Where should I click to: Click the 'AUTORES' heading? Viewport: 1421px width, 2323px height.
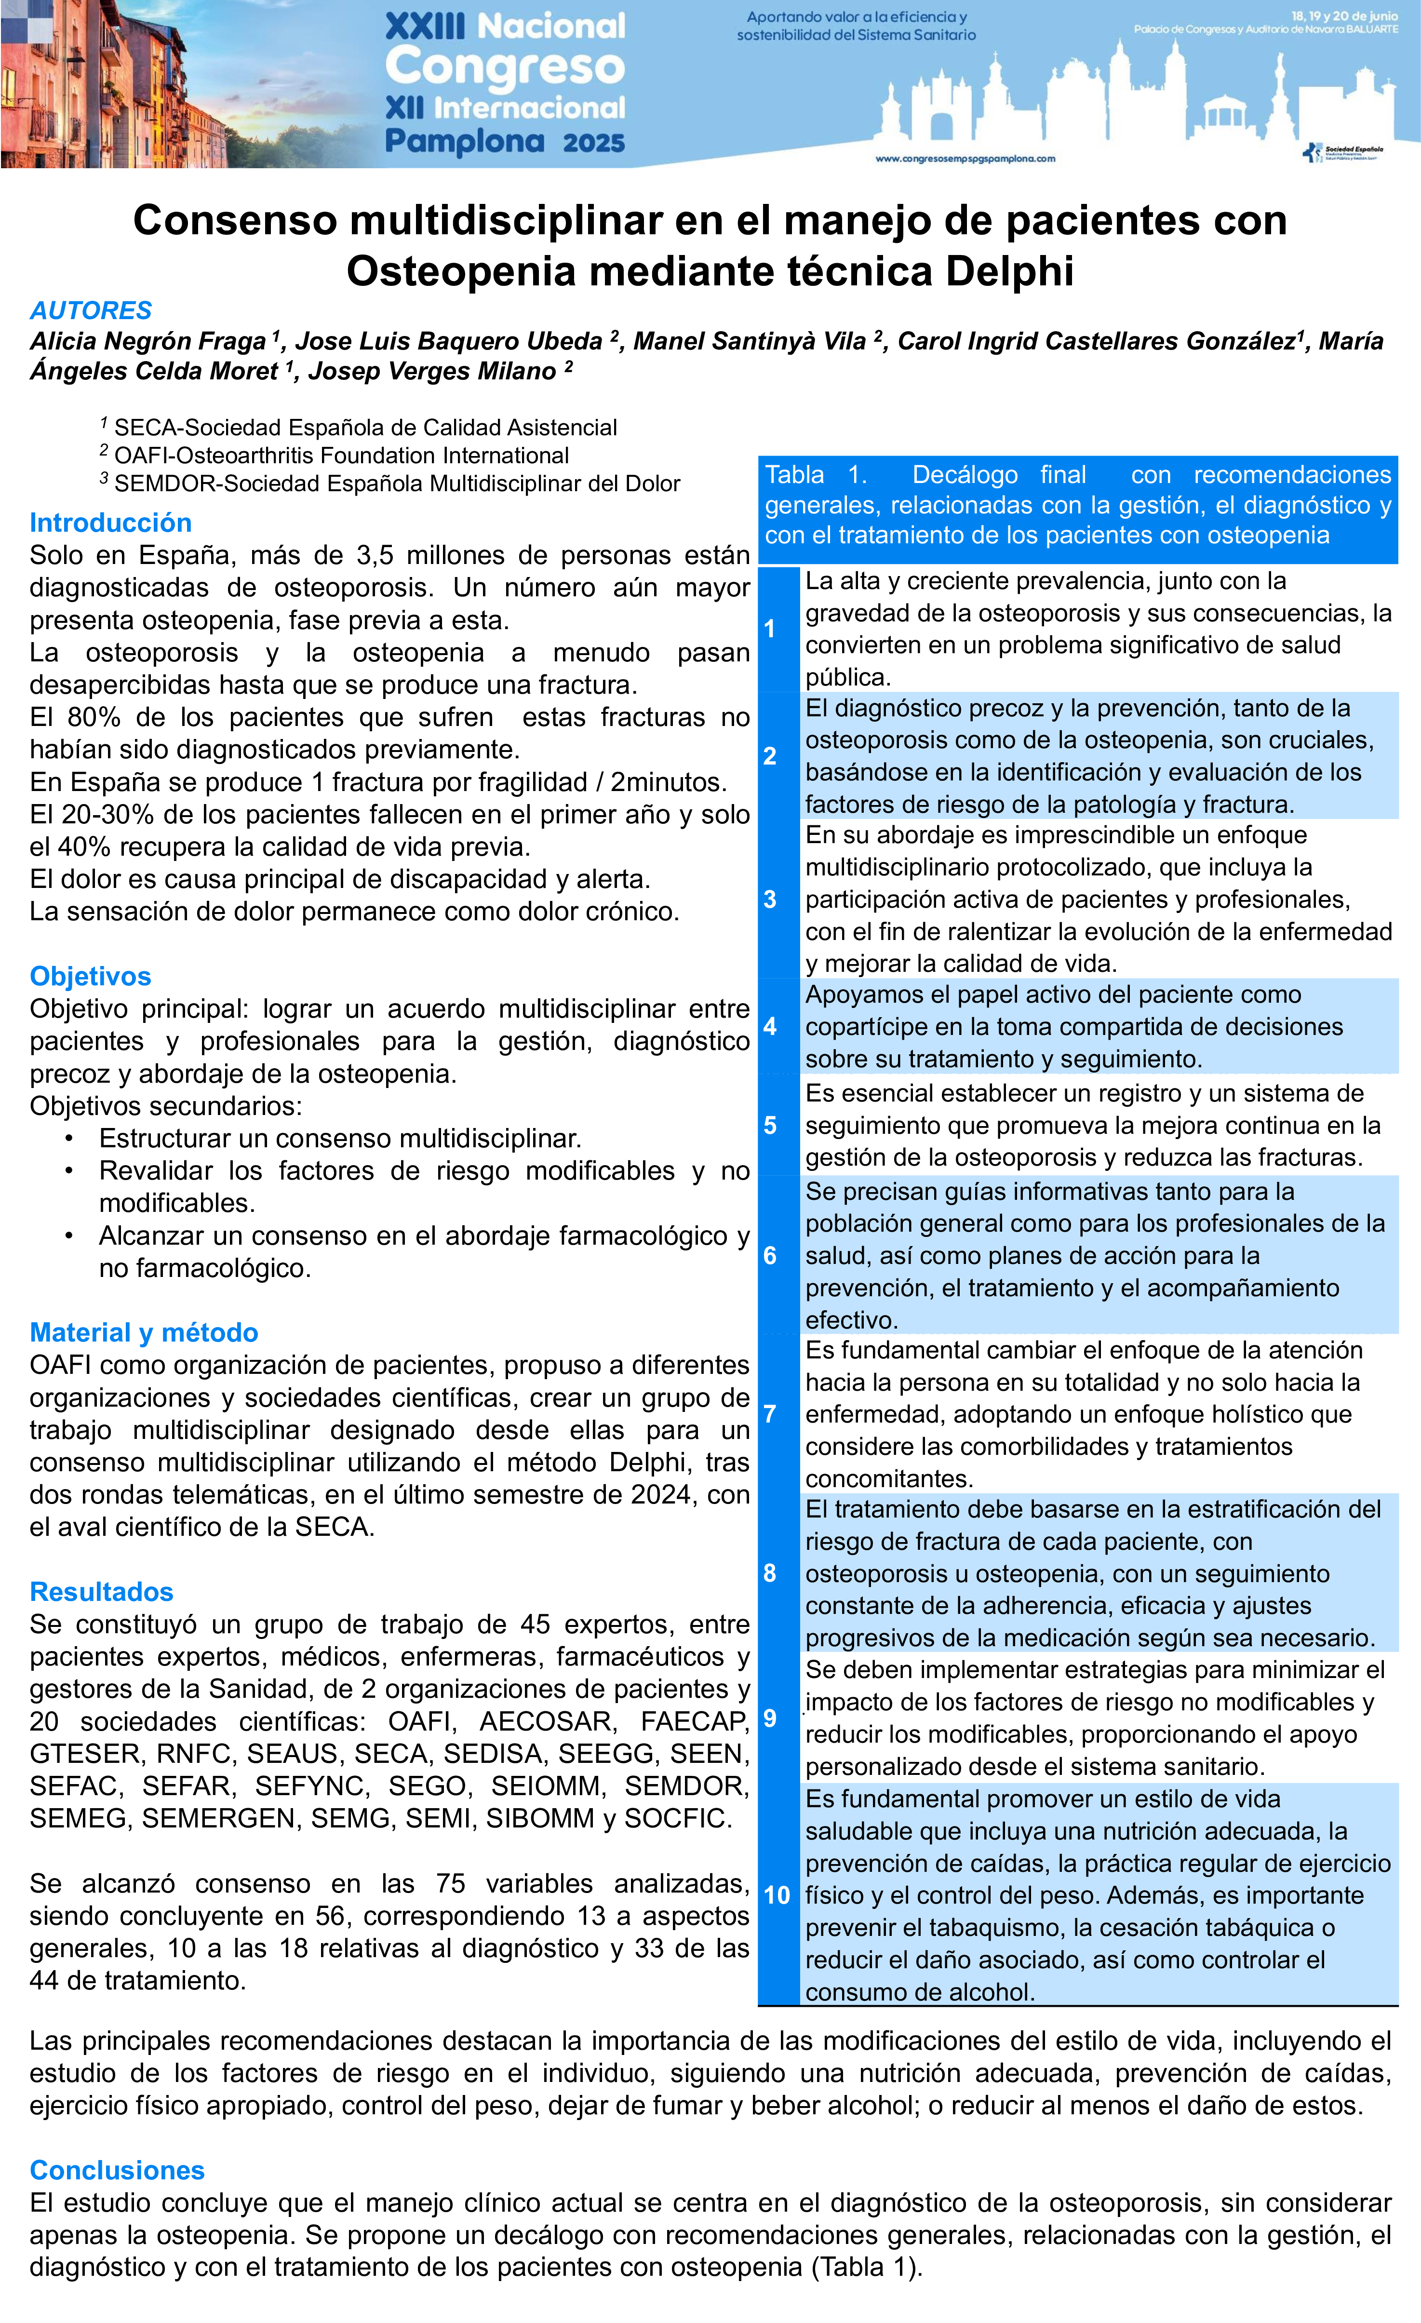point(91,310)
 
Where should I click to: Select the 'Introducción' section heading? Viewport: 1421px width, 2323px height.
point(110,522)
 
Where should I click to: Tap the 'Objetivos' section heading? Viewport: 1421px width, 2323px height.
point(91,976)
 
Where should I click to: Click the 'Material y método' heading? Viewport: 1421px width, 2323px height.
point(143,1332)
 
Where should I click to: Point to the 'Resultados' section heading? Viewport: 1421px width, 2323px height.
point(102,1591)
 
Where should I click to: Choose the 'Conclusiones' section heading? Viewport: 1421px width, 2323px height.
point(117,2170)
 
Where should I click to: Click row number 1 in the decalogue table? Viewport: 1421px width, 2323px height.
point(770,629)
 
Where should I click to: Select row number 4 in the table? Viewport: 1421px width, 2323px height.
point(770,1027)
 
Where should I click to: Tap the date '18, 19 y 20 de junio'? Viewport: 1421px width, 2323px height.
point(1344,16)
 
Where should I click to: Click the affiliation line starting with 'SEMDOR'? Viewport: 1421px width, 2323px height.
point(396,483)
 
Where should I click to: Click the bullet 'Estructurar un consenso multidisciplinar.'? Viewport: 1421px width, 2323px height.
point(339,1138)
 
